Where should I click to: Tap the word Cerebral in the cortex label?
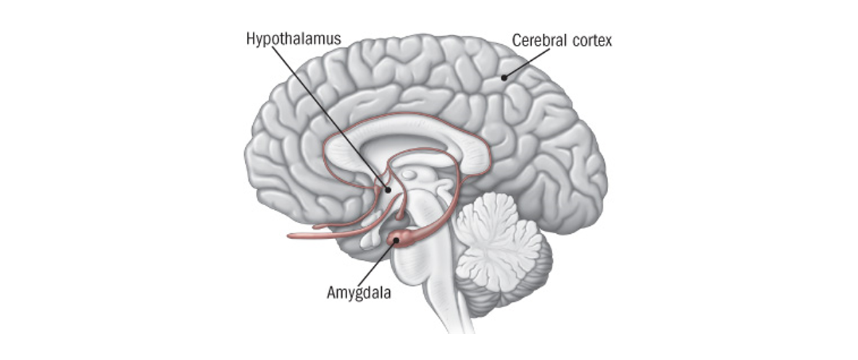tap(538, 41)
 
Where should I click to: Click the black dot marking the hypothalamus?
tap(388, 190)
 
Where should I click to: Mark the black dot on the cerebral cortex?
tap(504, 78)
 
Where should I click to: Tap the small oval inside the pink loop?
tap(410, 175)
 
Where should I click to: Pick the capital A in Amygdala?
tap(330, 293)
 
